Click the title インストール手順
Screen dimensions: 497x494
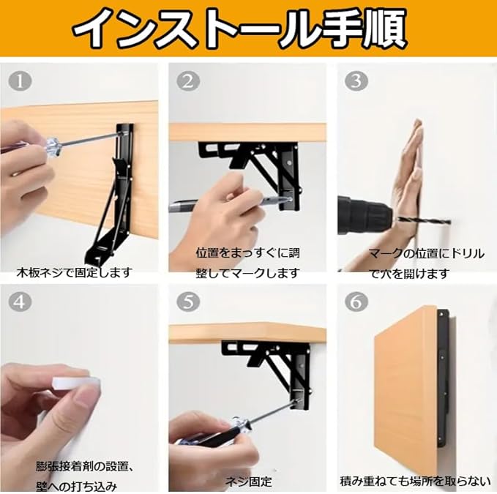coord(240,28)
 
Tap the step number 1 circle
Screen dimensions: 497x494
coord(20,81)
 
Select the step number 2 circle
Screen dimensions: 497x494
coord(188,81)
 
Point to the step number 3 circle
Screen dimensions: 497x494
coord(356,81)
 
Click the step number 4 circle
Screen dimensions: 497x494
coord(20,302)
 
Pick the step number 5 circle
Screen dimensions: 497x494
coord(188,302)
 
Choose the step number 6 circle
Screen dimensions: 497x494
coord(356,302)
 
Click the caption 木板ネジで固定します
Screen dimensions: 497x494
coord(74,272)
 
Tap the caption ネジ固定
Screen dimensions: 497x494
coord(249,482)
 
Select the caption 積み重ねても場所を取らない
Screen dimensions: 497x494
coord(415,482)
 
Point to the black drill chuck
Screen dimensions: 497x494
coord(365,215)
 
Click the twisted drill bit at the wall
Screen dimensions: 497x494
coord(423,220)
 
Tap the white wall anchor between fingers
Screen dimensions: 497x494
coord(77,385)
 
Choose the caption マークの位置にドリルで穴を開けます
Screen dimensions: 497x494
coord(427,263)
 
